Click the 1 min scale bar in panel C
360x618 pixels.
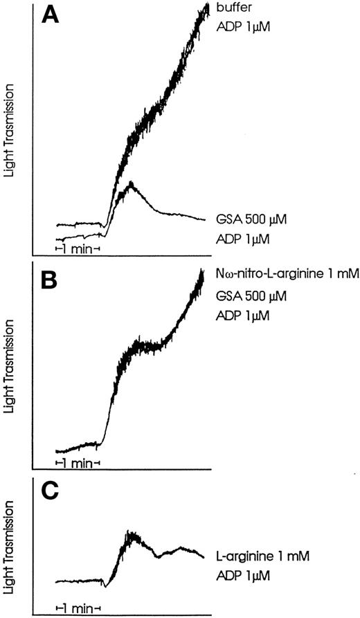[x=78, y=609]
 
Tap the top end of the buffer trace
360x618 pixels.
[x=206, y=6]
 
